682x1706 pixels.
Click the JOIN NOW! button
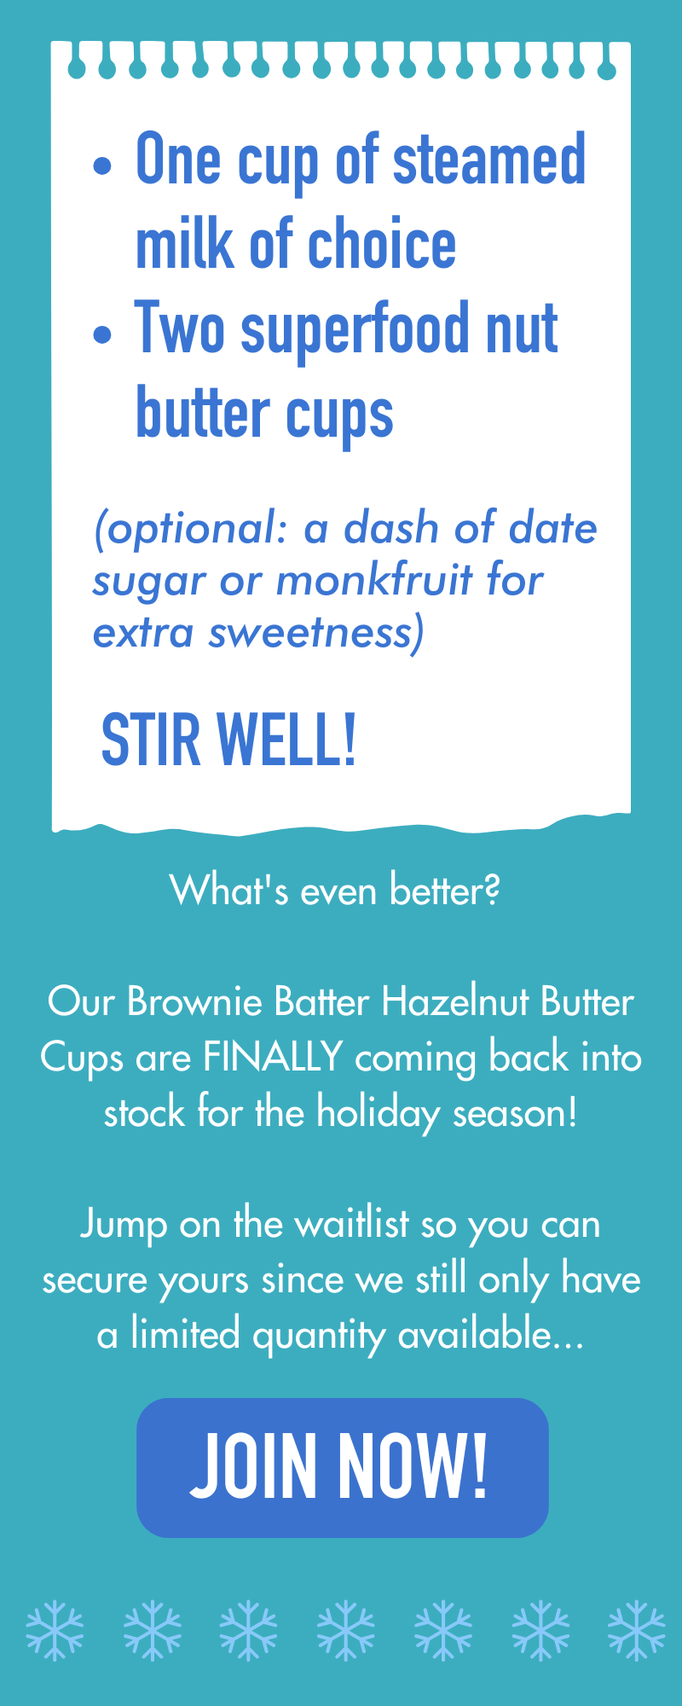tap(342, 1467)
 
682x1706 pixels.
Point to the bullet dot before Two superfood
tap(102, 334)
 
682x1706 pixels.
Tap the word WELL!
tap(286, 740)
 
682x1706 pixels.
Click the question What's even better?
tap(335, 891)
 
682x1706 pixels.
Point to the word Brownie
tap(194, 1001)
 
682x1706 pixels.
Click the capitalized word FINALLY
tap(273, 1057)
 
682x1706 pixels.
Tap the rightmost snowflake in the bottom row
tap(637, 1630)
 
